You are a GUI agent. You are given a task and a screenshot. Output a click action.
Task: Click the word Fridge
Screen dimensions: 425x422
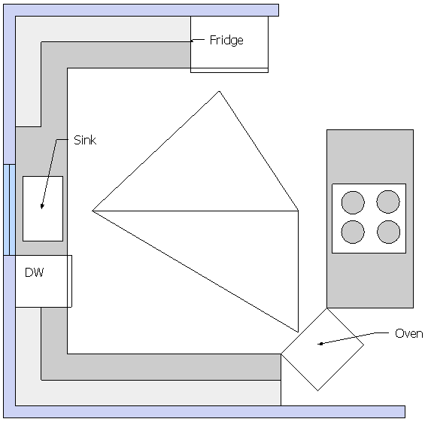pos(226,41)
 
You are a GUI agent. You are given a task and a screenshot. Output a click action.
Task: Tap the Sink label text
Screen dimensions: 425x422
pos(85,140)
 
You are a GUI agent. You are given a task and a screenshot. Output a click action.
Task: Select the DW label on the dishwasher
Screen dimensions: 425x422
pos(34,272)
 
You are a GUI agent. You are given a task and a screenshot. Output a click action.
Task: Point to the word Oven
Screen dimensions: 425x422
pos(408,333)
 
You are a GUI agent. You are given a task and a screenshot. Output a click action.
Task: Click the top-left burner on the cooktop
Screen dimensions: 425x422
pos(353,202)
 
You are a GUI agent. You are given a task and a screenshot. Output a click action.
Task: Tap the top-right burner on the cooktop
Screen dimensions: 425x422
pos(388,202)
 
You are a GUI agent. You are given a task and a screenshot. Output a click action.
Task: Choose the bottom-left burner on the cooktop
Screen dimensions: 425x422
pos(353,232)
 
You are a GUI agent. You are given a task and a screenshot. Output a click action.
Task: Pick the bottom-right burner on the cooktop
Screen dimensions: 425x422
pos(388,232)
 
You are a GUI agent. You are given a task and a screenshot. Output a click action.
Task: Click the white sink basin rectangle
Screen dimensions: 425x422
pos(43,208)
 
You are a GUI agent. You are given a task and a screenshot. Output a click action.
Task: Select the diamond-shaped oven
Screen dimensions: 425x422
pos(322,349)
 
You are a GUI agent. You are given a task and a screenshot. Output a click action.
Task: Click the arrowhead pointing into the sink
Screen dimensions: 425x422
pos(41,207)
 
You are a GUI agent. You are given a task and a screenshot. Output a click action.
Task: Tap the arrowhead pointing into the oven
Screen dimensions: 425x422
pos(320,344)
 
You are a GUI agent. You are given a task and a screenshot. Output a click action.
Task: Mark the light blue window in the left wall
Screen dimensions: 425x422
pos(10,210)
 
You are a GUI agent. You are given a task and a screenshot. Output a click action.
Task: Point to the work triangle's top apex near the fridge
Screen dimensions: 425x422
pos(219,91)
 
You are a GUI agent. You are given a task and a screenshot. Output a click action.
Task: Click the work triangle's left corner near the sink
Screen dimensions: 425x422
pos(93,211)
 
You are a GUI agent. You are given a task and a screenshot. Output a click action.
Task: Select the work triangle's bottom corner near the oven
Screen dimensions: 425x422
pos(298,332)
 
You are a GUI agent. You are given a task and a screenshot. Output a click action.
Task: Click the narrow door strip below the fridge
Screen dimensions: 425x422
pos(229,71)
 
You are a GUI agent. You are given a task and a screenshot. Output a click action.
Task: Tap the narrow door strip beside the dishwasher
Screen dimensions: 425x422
pos(70,281)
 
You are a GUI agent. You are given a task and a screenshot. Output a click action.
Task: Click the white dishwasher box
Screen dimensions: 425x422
pos(41,281)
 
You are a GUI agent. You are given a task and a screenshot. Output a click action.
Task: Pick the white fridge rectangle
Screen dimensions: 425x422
pos(229,42)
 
